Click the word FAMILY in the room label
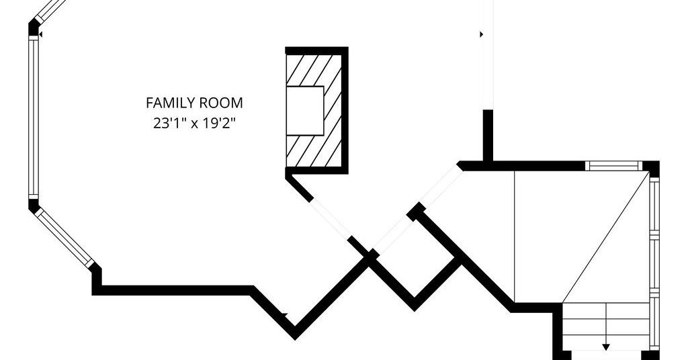pyautogui.click(x=171, y=103)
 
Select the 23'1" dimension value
pyautogui.click(x=167, y=123)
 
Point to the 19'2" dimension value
pyautogui.click(x=217, y=123)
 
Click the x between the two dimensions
pyautogui.click(x=191, y=124)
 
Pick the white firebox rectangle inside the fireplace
pyautogui.click(x=305, y=111)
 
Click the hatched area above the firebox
pyautogui.click(x=313, y=70)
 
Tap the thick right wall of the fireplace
pyautogui.click(x=345, y=110)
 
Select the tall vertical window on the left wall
pyautogui.click(x=34, y=117)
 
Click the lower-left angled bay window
pyautogui.click(x=64, y=237)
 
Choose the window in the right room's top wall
pyautogui.click(x=613, y=166)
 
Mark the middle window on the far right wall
pyautogui.click(x=654, y=265)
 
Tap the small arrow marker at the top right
pyautogui.click(x=481, y=34)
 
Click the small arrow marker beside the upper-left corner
pyautogui.click(x=40, y=34)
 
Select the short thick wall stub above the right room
pyautogui.click(x=488, y=136)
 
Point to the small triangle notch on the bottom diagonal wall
pyautogui.click(x=284, y=314)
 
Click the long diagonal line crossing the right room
pyautogui.click(x=605, y=237)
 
